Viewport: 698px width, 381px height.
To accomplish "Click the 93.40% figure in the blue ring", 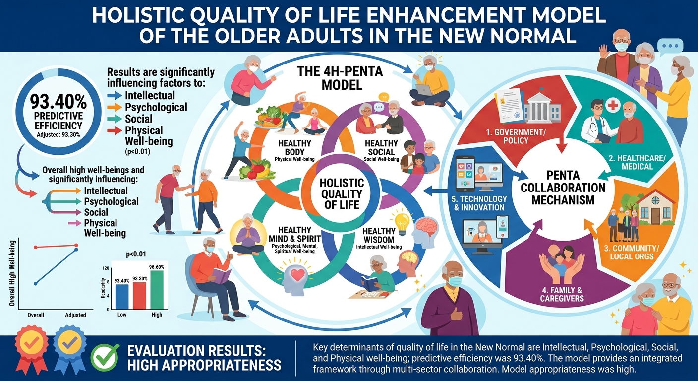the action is (x=58, y=102).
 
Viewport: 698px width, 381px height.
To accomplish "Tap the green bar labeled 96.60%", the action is (x=157, y=290).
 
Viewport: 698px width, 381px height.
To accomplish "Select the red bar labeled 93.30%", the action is (x=139, y=296).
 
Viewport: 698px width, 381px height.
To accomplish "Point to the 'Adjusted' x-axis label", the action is (x=75, y=315).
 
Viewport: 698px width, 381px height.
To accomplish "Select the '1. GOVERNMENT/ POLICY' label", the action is (x=516, y=136).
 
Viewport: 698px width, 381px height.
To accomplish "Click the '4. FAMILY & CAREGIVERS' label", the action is (x=562, y=294).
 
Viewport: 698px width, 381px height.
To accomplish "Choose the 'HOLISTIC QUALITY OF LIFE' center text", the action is (x=342, y=193).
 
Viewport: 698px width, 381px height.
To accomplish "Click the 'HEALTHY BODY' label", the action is (x=294, y=147).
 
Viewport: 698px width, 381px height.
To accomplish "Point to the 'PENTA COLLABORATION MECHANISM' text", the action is (x=563, y=188).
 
